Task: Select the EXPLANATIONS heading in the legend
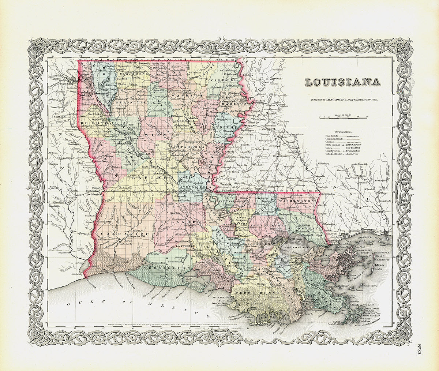pos(342,131)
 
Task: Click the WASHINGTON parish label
pos(297,201)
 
